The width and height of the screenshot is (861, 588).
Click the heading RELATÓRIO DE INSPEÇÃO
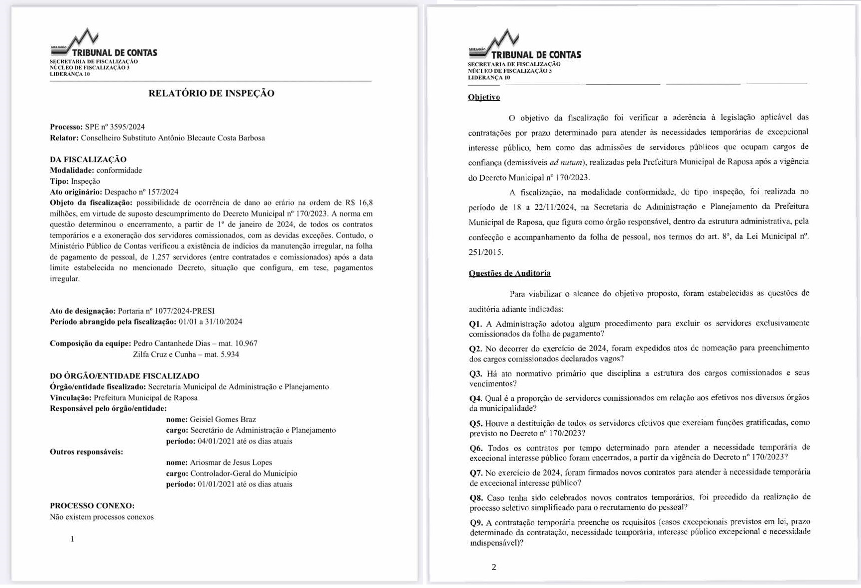pos(211,93)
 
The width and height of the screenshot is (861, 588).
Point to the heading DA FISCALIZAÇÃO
pos(88,159)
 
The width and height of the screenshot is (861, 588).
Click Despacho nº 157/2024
pos(141,192)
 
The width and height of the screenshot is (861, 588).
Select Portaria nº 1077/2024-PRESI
pos(166,311)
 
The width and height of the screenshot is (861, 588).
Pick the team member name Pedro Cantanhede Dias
pos(172,343)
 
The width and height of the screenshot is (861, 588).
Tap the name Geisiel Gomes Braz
pos(223,419)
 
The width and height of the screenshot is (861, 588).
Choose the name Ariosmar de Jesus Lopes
pos(231,462)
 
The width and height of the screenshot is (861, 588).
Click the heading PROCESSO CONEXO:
pos(92,505)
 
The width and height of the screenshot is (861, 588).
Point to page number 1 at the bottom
pos(73,539)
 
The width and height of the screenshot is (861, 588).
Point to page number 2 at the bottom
pos(493,567)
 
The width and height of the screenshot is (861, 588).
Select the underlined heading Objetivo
pos(484,97)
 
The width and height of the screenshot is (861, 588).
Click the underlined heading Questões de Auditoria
pos(509,273)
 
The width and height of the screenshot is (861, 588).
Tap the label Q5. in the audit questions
pos(476,423)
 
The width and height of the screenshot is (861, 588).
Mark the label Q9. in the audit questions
pos(476,522)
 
